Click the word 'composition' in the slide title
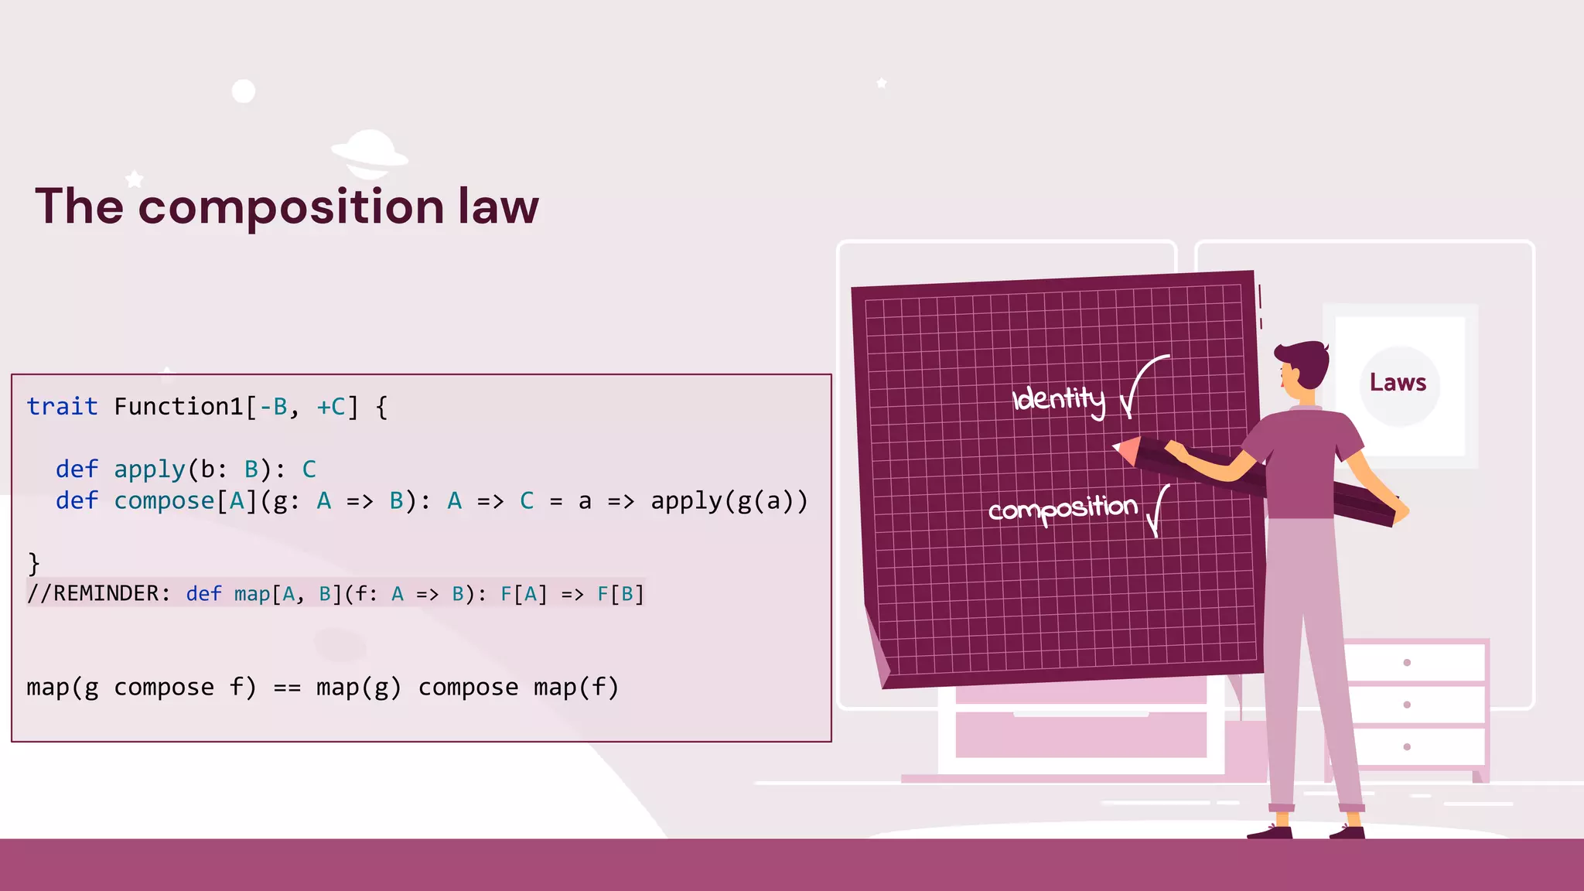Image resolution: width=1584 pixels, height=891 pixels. pos(291,207)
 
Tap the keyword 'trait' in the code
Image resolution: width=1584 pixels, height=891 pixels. pos(62,406)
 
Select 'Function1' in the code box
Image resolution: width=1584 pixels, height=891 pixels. pos(179,406)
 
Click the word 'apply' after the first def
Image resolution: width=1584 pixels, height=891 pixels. pos(149,469)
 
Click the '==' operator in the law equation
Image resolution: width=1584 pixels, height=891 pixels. pos(287,688)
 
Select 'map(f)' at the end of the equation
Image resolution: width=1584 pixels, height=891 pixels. pos(576,688)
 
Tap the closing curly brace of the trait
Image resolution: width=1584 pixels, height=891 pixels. pos(33,563)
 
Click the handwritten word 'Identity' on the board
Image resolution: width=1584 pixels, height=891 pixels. pos(1059,399)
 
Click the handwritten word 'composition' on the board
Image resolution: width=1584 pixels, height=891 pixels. pos(1063,509)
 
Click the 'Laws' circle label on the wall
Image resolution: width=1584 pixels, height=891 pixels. pos(1398,383)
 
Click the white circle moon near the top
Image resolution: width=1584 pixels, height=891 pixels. pos(244,91)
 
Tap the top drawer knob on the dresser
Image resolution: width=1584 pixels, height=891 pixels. pos(1407,663)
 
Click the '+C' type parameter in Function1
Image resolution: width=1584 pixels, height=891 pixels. pos(332,406)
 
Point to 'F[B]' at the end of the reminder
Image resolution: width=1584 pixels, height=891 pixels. pos(620,594)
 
